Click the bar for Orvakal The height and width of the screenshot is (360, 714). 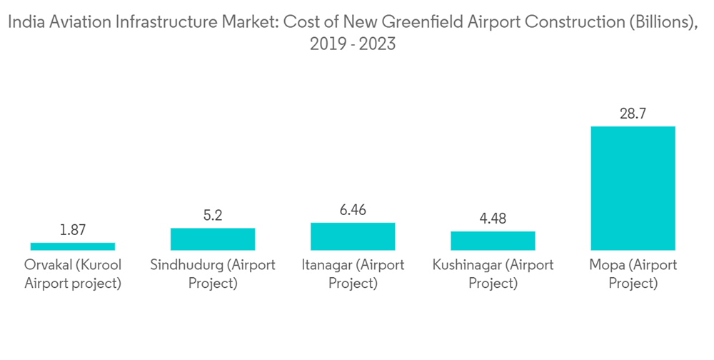(x=73, y=246)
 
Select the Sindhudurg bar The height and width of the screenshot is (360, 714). (x=213, y=239)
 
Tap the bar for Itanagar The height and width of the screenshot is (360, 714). (x=353, y=236)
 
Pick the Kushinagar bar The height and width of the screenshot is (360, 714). (x=493, y=241)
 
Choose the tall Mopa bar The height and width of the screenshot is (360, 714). (x=633, y=188)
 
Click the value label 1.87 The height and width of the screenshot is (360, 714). (x=73, y=230)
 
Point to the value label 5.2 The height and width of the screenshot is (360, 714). (x=213, y=215)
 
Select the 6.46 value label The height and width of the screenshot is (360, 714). (x=353, y=210)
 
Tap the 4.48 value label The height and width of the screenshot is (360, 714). (x=493, y=219)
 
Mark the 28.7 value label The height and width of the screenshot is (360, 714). (x=633, y=114)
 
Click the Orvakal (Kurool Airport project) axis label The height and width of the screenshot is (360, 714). (x=73, y=274)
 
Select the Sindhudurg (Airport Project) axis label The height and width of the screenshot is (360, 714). (x=213, y=274)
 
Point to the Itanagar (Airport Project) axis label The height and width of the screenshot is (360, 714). (x=353, y=274)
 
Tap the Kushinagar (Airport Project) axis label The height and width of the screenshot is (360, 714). (x=493, y=274)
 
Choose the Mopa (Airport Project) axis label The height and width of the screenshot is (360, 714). (x=633, y=274)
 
